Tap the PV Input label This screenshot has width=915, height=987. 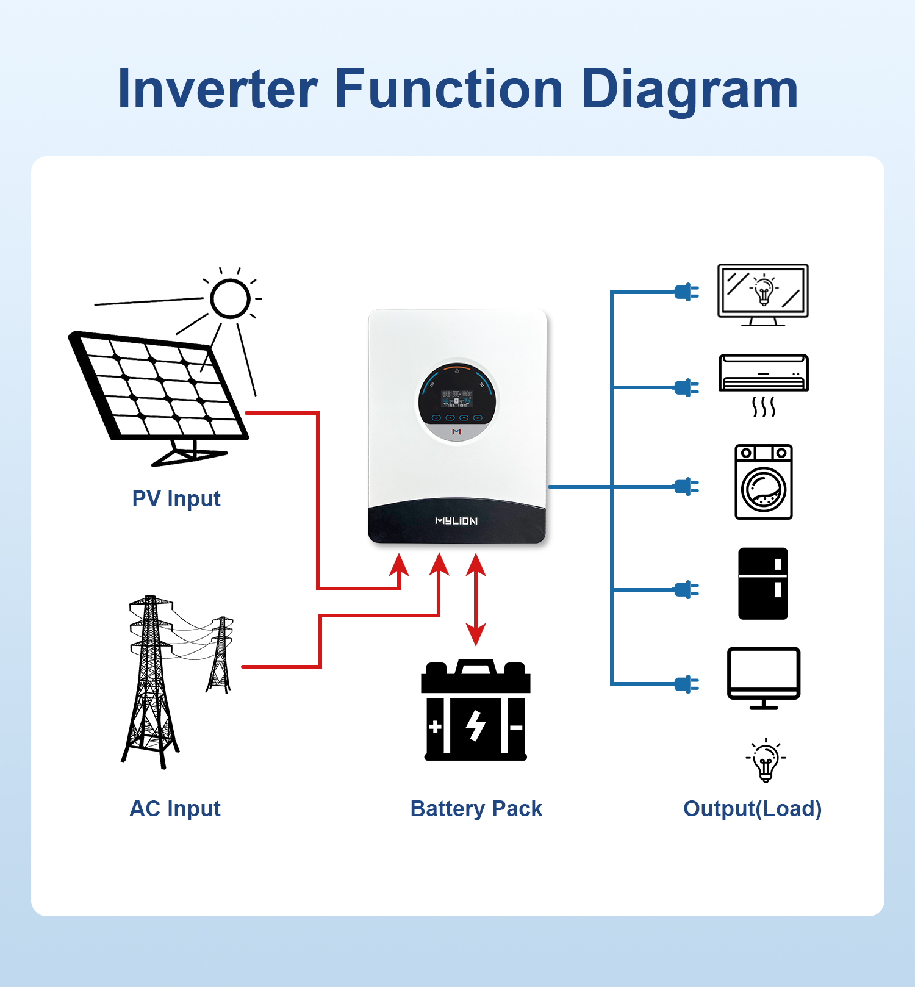click(176, 498)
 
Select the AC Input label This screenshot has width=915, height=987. click(175, 808)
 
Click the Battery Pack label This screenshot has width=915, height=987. click(476, 808)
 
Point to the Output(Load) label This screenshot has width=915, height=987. click(753, 808)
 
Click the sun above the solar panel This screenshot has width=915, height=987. click(230, 298)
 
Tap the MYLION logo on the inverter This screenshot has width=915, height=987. click(456, 521)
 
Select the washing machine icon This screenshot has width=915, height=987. click(764, 482)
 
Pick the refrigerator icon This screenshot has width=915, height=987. click(763, 584)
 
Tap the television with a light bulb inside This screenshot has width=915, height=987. click(763, 295)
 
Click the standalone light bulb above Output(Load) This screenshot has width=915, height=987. click(766, 761)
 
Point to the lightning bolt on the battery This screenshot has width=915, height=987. click(475, 726)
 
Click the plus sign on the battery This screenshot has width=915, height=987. click(436, 727)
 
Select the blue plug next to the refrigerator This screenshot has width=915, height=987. click(687, 590)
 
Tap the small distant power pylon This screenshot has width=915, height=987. click(220, 655)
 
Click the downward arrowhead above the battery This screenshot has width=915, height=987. click(476, 634)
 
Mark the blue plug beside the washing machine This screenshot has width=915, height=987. click(687, 487)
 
